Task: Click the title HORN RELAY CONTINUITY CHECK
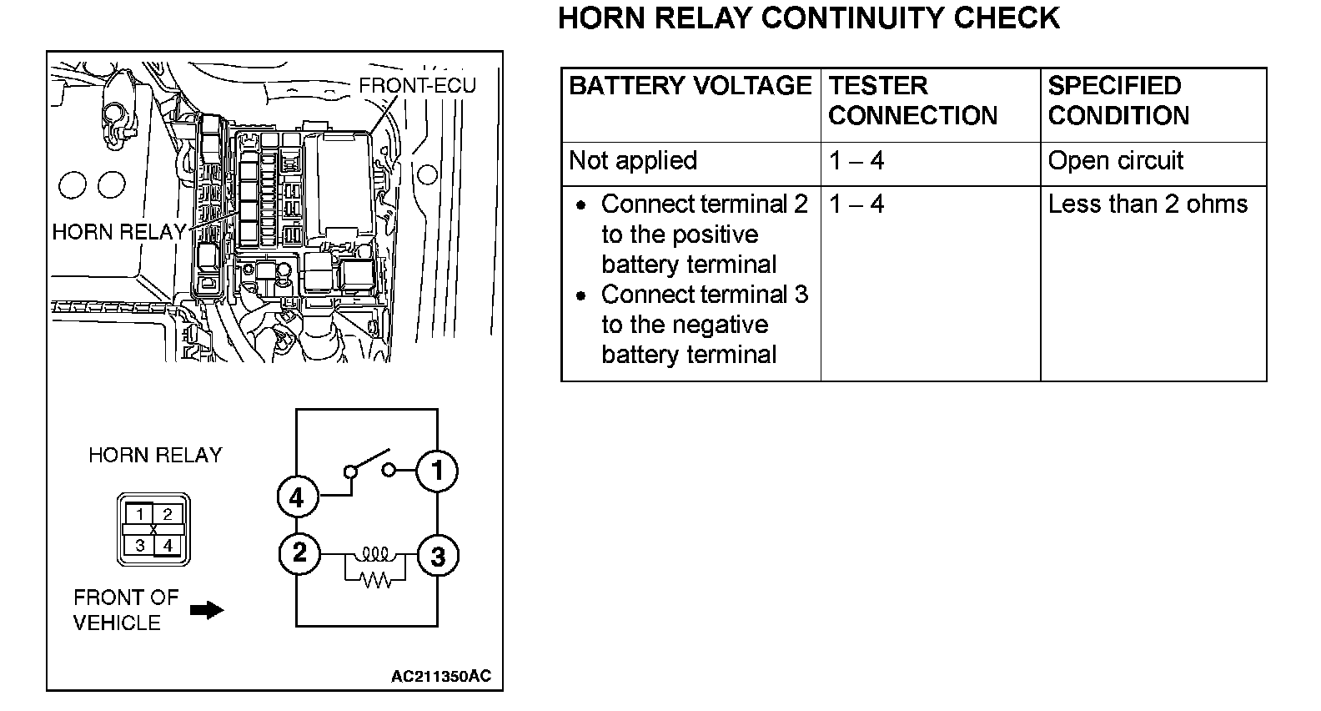(x=808, y=18)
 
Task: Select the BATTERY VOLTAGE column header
(x=690, y=86)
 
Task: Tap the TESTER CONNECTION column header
(x=912, y=101)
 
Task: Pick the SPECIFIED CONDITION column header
(x=1118, y=101)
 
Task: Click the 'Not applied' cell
(x=633, y=161)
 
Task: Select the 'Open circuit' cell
(x=1115, y=161)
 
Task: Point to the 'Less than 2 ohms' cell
(x=1148, y=204)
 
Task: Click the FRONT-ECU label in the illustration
(x=417, y=86)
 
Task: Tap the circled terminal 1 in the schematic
(x=437, y=471)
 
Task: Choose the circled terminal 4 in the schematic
(x=297, y=498)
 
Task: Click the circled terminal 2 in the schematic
(x=299, y=552)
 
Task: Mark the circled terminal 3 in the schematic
(x=437, y=556)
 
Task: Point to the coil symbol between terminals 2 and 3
(x=375, y=553)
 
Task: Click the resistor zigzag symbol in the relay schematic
(x=375, y=577)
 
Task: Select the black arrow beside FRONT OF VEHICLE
(x=207, y=610)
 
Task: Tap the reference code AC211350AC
(x=441, y=676)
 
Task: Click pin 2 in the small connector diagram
(x=168, y=514)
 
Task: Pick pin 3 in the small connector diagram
(x=140, y=546)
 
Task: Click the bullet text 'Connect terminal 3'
(x=704, y=295)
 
